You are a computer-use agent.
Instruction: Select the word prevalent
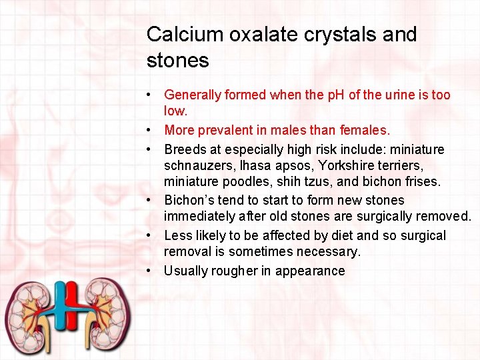[225, 130]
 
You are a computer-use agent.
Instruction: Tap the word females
[364, 130]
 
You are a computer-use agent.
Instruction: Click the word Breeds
[185, 149]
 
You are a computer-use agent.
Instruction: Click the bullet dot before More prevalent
[152, 130]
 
